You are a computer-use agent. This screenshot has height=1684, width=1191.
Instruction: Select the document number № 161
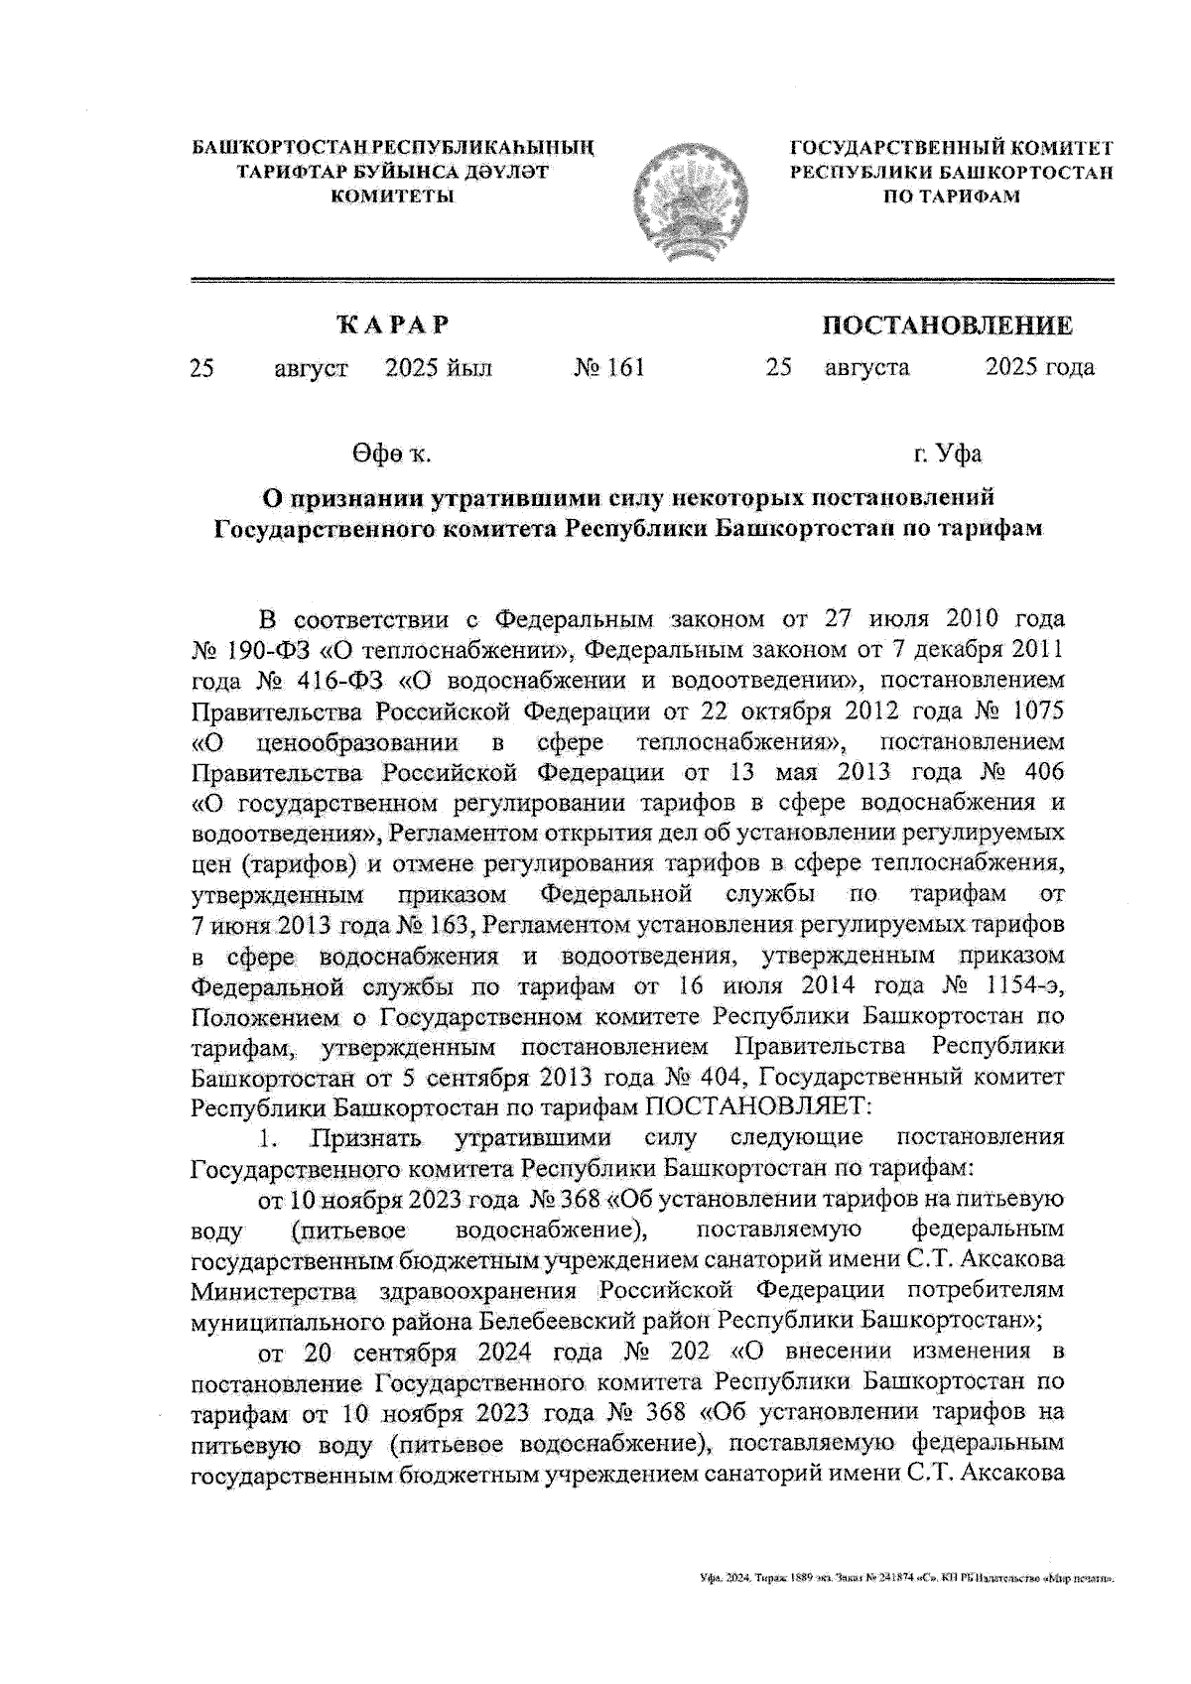609,368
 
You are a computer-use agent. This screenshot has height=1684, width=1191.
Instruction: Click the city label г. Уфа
948,454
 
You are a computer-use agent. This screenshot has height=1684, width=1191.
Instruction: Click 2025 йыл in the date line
438,368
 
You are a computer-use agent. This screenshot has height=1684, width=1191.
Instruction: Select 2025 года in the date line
1039,368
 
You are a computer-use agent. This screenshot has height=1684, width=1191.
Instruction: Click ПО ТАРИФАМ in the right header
951,196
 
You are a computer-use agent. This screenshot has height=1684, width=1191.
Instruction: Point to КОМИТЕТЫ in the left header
391,196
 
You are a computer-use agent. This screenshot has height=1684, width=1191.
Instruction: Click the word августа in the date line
865,368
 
